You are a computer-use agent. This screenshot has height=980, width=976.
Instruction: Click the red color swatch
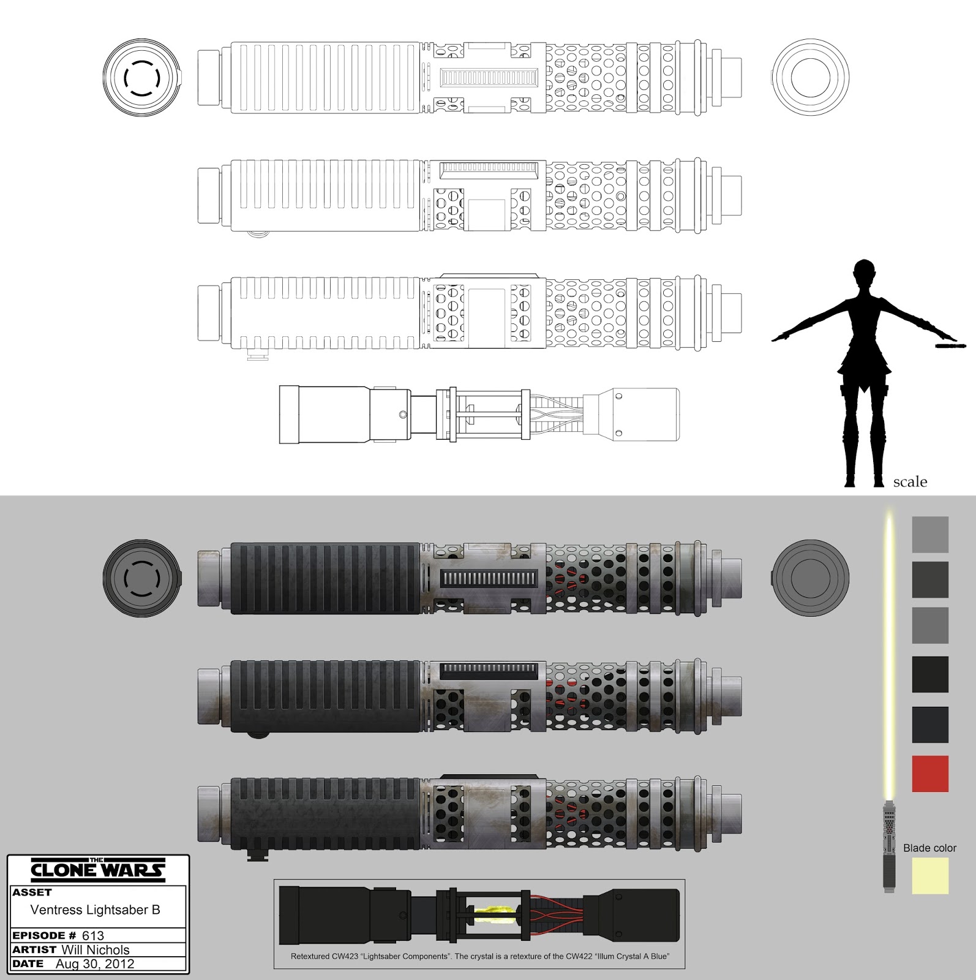click(930, 774)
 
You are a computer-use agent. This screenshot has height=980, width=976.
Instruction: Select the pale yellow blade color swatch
click(930, 875)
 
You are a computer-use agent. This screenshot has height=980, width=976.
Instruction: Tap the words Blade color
click(929, 848)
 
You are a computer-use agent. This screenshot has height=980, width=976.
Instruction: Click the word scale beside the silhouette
click(910, 482)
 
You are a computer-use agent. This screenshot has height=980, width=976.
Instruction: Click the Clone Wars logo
click(97, 870)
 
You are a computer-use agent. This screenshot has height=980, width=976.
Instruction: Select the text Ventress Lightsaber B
click(96, 910)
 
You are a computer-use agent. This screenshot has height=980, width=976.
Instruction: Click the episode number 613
click(93, 935)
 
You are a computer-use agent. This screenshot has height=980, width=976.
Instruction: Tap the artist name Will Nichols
click(96, 950)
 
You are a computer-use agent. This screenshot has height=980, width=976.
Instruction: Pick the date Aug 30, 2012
click(95, 963)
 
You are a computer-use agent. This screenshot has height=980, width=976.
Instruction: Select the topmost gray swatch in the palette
click(930, 534)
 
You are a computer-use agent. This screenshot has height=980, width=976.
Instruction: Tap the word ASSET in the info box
click(32, 892)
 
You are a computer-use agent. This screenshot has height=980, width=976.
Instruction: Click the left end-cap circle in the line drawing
click(142, 78)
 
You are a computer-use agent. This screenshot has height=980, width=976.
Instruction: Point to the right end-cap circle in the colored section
click(810, 578)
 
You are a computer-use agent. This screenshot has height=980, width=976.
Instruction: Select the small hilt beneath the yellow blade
click(889, 846)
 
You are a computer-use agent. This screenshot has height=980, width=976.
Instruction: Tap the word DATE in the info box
click(28, 963)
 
